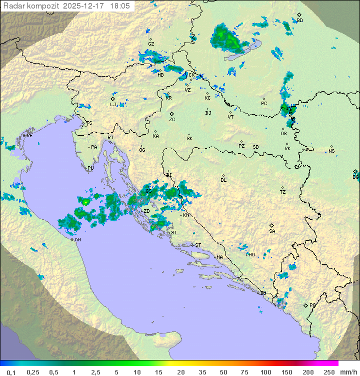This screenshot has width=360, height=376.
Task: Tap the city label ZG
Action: coord(172,120)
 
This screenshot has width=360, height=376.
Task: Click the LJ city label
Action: coord(113,105)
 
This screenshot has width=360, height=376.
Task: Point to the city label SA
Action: coord(272,231)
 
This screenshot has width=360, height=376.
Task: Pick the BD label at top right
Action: coord(299,21)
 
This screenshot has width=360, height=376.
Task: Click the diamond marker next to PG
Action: coord(306,305)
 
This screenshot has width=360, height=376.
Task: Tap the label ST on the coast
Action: coord(198,245)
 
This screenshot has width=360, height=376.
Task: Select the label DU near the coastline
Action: coord(263,293)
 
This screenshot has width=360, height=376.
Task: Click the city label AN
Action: coord(77,240)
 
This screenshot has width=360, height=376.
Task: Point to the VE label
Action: coord(29,136)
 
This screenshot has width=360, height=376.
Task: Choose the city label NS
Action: coord(331,151)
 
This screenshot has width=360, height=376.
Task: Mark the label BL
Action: coord(223,180)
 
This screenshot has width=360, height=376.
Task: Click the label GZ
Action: coord(151,44)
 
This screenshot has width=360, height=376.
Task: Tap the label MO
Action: coord(251,254)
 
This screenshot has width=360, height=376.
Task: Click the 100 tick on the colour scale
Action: coord(265,372)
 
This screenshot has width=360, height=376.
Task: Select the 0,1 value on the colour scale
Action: coord(11,372)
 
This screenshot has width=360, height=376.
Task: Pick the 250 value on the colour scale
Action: coord(328,372)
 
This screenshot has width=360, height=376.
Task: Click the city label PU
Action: coord(90,168)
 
